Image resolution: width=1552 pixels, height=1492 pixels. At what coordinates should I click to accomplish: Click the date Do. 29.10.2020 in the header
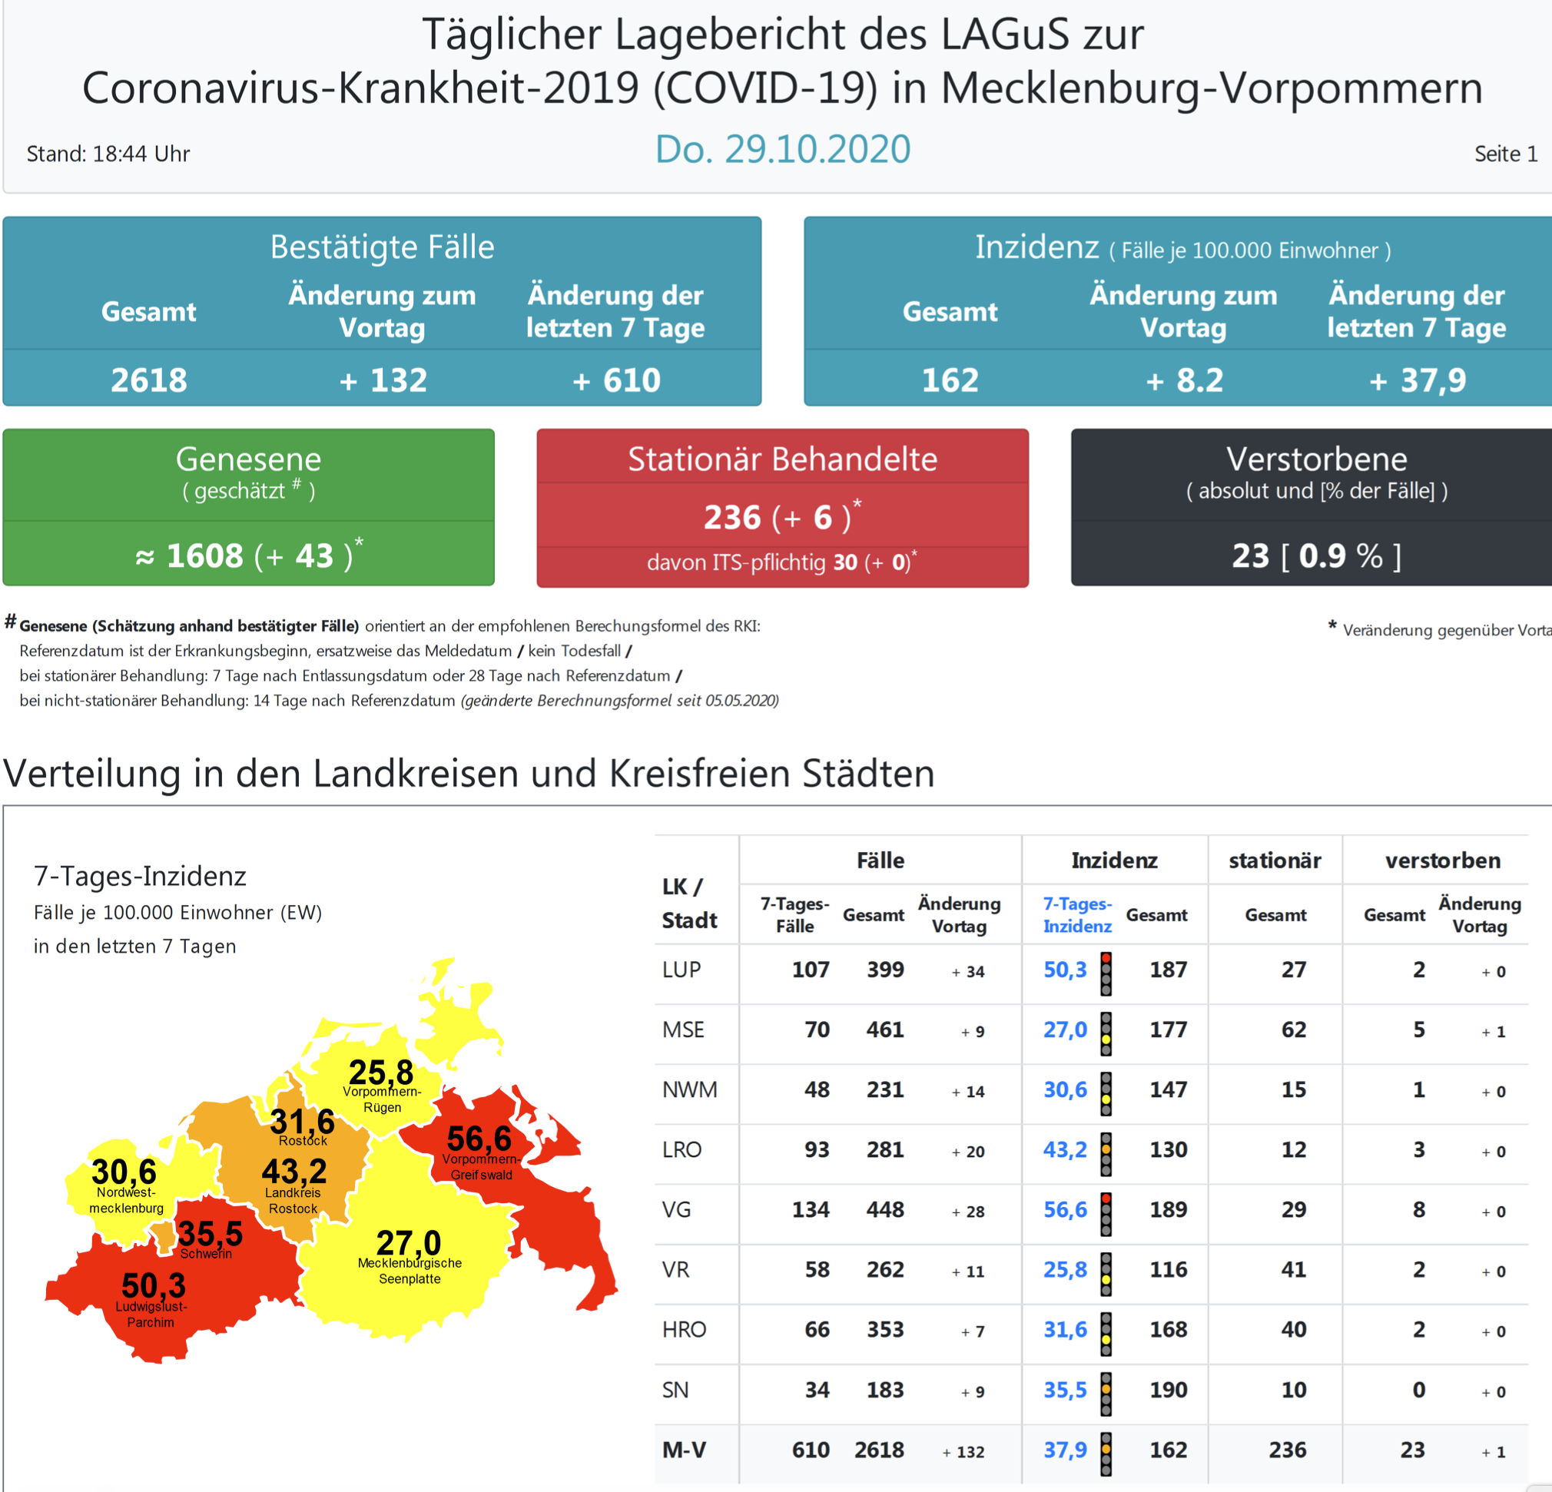[782, 149]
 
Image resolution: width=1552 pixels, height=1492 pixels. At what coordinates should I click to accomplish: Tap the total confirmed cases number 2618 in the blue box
[149, 380]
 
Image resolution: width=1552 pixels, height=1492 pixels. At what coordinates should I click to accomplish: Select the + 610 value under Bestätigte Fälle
[616, 380]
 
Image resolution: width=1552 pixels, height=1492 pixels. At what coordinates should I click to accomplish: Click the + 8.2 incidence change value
[1184, 380]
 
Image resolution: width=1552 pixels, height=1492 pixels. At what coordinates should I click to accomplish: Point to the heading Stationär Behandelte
[782, 459]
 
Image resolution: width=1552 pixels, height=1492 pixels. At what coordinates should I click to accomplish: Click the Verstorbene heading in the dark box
[1316, 459]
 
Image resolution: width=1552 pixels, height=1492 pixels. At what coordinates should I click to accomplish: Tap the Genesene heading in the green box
[248, 459]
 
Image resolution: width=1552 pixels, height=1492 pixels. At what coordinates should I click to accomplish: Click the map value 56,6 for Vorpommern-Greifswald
[479, 1139]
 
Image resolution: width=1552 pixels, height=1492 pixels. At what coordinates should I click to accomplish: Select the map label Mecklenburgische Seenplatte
[410, 1270]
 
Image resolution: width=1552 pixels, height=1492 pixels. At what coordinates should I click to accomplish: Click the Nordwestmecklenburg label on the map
[126, 1200]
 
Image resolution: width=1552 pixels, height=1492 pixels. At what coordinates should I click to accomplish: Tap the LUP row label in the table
[681, 970]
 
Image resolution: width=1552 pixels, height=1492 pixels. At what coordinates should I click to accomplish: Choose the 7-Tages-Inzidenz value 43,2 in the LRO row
[1065, 1149]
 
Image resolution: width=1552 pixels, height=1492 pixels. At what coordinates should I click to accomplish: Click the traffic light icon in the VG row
[1106, 1213]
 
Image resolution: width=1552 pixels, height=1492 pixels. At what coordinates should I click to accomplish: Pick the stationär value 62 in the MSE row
[1293, 1029]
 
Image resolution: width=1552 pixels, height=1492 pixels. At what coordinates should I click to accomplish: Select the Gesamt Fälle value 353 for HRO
[884, 1329]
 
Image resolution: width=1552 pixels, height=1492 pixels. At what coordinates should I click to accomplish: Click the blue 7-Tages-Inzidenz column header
[1077, 915]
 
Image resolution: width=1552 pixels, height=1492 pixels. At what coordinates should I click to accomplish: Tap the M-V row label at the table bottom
[684, 1449]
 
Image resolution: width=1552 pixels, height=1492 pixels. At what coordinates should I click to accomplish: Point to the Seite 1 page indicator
[1504, 154]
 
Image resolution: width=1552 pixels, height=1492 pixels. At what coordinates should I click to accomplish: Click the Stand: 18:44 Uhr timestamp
[108, 154]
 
